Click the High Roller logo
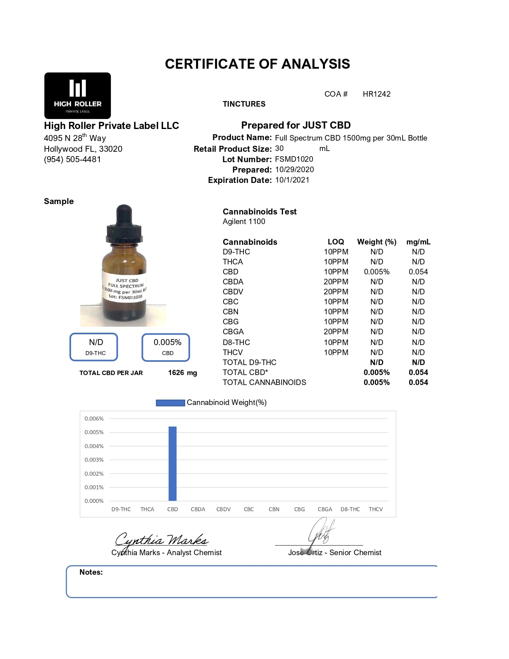77,95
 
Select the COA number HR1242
376,94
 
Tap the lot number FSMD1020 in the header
294,159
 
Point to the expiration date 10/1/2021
292,180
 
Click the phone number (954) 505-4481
72,159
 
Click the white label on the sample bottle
125,288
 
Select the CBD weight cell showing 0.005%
376,272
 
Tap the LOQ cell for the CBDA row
336,282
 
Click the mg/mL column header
418,242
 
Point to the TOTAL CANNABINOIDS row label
264,383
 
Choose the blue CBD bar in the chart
172,463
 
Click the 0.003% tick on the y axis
94,460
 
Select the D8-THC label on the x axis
350,510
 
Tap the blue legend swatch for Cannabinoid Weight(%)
170,403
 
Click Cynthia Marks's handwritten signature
161,540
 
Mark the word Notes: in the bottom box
91,572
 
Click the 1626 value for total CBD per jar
176,373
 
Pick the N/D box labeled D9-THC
94,347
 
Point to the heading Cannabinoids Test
259,212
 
